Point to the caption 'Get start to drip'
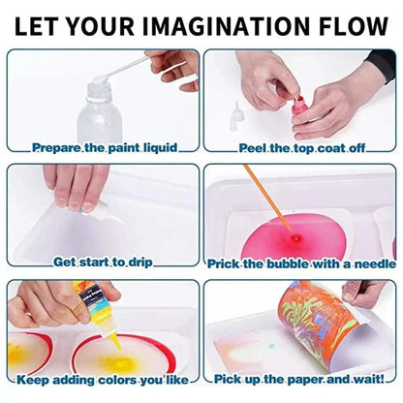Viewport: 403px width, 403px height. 102,262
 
